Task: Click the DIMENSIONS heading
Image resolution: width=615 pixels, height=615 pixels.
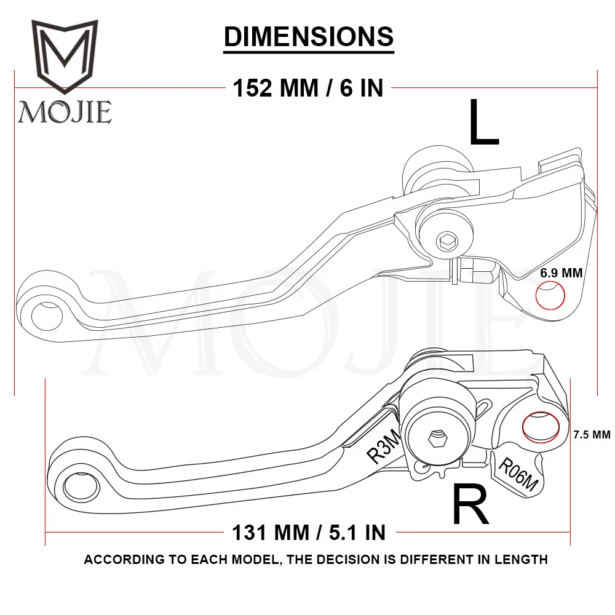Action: click(308, 36)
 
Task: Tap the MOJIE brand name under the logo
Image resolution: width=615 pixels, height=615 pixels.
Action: click(65, 112)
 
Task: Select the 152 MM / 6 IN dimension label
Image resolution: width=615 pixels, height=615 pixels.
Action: click(307, 89)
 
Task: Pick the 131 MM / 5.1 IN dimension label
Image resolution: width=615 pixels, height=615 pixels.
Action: click(309, 531)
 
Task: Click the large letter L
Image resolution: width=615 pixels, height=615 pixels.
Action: click(483, 123)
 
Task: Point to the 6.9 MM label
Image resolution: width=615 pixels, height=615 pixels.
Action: click(561, 273)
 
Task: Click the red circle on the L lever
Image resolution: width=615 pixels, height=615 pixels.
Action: click(550, 296)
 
